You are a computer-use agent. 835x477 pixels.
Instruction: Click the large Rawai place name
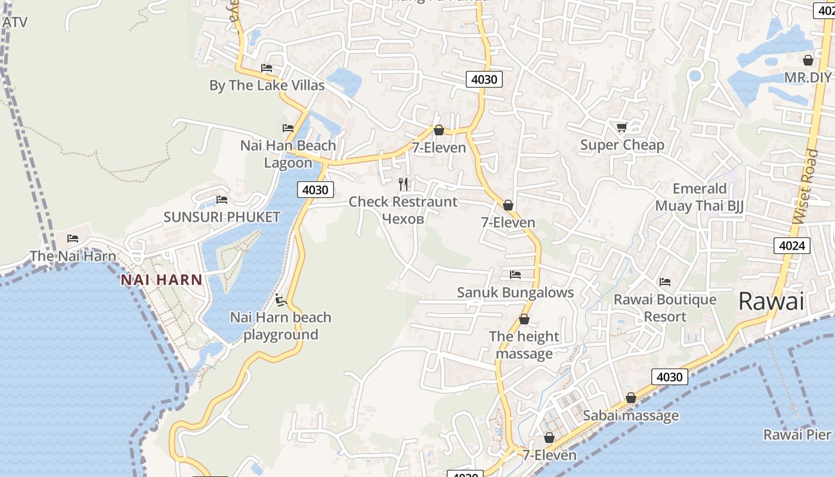771,301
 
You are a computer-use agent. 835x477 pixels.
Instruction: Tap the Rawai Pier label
797,435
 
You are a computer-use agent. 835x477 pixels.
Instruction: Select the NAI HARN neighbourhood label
162,279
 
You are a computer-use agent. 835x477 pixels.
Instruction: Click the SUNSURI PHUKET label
222,217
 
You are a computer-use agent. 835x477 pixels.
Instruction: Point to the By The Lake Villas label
267,85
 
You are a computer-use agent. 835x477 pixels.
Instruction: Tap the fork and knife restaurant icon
404,184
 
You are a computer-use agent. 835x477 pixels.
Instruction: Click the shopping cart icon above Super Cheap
622,127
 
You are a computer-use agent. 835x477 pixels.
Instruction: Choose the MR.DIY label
808,78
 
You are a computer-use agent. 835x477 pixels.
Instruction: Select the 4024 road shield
792,245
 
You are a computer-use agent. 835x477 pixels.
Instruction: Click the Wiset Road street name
806,187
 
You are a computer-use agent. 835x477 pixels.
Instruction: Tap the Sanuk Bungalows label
515,292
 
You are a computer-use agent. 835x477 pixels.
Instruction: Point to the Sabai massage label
630,416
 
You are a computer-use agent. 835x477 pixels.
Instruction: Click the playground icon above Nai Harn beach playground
281,299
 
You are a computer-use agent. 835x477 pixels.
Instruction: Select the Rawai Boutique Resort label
665,308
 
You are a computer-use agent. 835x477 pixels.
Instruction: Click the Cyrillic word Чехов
403,219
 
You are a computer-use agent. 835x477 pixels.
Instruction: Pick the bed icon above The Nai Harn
73,238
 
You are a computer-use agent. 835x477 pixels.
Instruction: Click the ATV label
15,22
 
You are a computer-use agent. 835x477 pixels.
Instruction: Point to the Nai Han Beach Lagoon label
288,154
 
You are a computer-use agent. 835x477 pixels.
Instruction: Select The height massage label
524,345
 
